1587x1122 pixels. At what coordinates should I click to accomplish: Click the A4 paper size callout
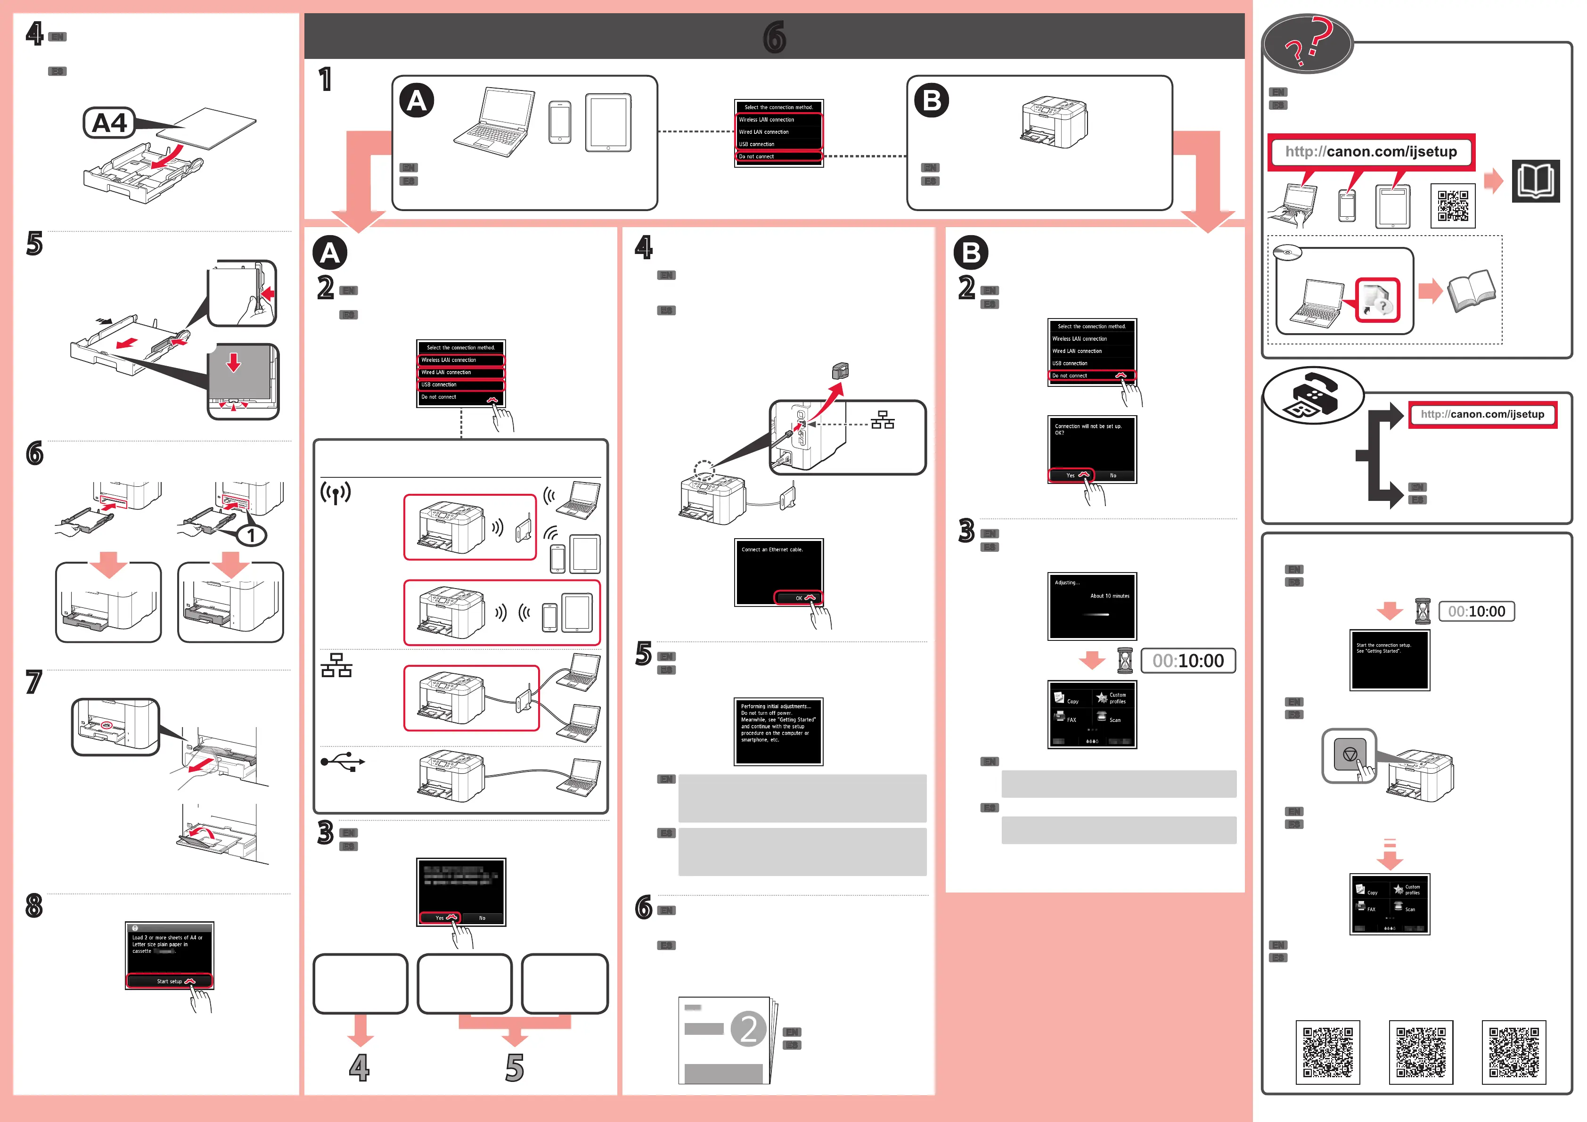coord(109,123)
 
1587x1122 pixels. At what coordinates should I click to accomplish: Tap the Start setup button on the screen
coord(169,981)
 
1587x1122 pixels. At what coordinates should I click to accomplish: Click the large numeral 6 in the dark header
coord(774,37)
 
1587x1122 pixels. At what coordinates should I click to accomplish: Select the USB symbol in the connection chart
coord(342,762)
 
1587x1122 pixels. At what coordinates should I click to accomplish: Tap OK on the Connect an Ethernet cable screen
coord(799,598)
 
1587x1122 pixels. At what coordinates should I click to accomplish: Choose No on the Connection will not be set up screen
coord(1113,475)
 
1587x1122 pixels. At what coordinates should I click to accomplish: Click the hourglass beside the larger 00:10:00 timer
coord(1125,661)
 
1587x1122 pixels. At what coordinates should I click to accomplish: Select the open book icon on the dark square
coord(1535,181)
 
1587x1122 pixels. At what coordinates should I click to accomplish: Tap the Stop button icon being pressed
coord(1349,755)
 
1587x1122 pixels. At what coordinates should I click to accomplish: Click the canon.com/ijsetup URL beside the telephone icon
coord(1482,414)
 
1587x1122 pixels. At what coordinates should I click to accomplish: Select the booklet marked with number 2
coord(726,1039)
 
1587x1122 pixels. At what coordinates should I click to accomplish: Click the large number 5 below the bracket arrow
coord(514,1068)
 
